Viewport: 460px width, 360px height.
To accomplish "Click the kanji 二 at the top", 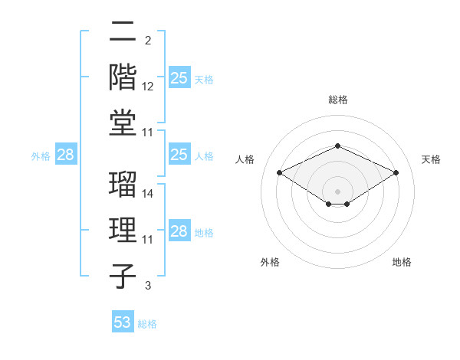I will pos(123,31).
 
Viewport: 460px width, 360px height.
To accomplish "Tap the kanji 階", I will pos(123,76).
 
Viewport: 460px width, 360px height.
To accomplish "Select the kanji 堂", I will pos(123,122).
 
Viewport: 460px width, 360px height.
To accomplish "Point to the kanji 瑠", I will pos(123,184).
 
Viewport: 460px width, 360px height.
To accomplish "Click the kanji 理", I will pos(123,230).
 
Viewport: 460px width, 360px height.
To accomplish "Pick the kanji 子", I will pos(123,276).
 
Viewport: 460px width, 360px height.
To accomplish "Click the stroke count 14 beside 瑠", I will pos(148,194).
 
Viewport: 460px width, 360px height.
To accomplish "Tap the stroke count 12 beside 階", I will pos(148,87).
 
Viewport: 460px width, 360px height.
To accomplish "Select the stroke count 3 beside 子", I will pos(148,286).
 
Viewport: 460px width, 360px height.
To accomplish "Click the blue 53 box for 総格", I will pos(123,322).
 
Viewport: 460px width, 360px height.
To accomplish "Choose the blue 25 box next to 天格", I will pos(179,77).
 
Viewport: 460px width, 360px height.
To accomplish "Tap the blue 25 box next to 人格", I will pos(179,155).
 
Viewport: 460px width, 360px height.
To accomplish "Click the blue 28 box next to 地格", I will pos(179,231).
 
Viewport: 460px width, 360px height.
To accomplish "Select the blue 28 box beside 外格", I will pos(66,155).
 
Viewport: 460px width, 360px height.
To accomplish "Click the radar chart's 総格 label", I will pos(338,100).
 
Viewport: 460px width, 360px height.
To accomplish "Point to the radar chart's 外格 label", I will pos(270,262).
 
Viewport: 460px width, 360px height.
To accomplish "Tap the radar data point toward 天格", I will pos(396,172).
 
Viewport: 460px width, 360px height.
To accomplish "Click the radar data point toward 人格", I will pos(279,172).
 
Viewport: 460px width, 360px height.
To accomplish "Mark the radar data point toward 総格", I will pos(338,146).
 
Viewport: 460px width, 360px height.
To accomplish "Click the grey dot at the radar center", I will pos(338,190).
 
